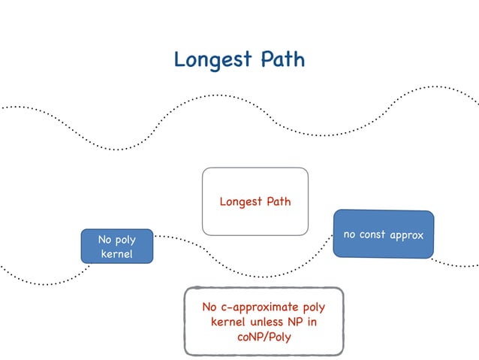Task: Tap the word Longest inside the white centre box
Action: tap(239, 202)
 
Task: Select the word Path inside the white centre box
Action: tap(277, 201)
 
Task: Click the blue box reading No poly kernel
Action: tap(116, 247)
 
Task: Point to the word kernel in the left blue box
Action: tap(116, 255)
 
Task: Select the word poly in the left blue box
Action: tap(126, 240)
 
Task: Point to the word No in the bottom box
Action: tap(210, 307)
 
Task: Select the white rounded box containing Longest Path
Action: tap(255, 201)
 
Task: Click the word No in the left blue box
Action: tap(105, 240)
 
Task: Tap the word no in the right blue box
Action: tap(350, 235)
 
